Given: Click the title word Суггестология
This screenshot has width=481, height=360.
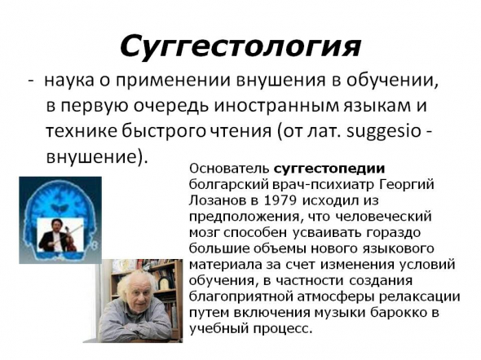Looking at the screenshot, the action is pos(240,47).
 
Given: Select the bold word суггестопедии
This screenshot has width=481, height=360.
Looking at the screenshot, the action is pos(329,169).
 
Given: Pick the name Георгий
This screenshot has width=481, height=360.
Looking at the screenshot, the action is pos(407,185).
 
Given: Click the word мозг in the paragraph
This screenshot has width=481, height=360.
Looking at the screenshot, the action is pos(204,234).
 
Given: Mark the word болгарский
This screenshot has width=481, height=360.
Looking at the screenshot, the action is pos(228,185).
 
